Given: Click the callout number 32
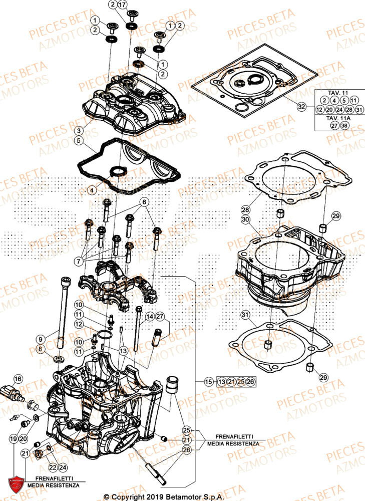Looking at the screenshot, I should pyautogui.click(x=301, y=107).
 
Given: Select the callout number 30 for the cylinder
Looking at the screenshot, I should pyautogui.click(x=245, y=219).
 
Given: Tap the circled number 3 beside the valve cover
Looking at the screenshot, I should pyautogui.click(x=79, y=130).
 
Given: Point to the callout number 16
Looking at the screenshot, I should pyautogui.click(x=18, y=379).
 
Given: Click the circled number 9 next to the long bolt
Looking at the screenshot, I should pyautogui.click(x=41, y=338).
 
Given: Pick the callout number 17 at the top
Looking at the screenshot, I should pyautogui.click(x=123, y=5).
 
